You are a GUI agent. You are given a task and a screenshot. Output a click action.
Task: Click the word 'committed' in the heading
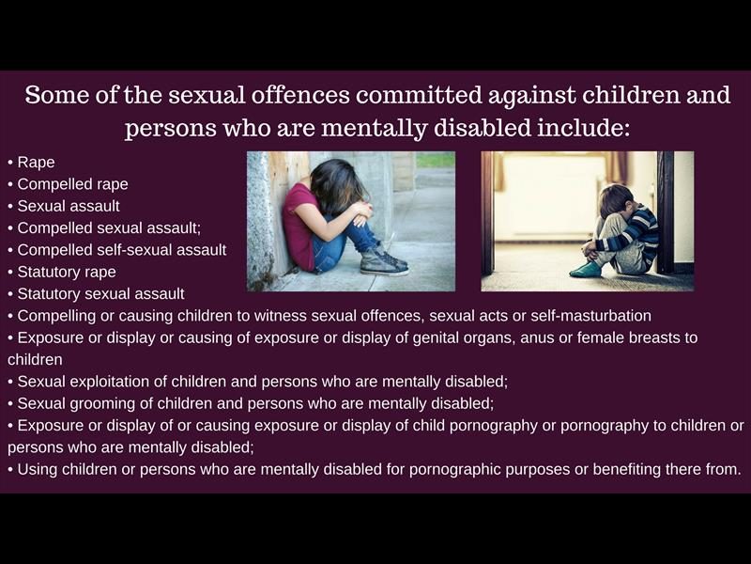click(418, 95)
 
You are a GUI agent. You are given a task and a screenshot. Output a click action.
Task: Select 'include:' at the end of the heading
click(583, 128)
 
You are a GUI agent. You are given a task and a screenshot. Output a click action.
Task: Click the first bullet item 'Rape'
click(36, 162)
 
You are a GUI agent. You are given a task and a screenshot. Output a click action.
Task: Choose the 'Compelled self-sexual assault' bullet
click(122, 250)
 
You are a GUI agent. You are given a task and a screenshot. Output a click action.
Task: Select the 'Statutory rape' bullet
click(67, 272)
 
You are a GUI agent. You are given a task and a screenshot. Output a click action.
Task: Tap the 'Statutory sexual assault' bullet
click(100, 293)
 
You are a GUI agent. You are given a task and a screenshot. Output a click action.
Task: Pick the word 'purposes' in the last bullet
click(537, 469)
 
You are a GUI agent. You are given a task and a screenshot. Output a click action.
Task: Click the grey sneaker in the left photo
click(384, 262)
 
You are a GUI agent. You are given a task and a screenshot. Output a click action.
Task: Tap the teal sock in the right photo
click(586, 270)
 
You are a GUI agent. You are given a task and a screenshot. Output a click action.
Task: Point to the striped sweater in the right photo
click(632, 230)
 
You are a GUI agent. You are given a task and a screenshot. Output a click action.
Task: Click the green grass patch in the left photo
click(436, 160)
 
